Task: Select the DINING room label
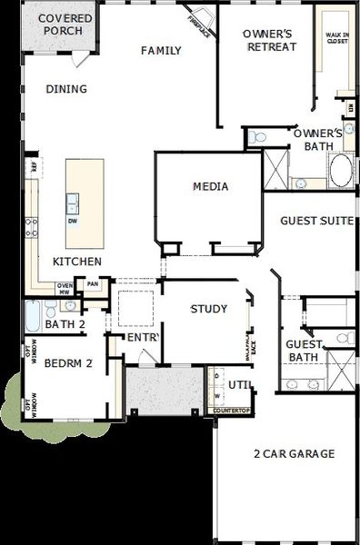65,89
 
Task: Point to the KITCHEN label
76,262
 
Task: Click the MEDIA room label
210,187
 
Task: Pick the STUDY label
208,309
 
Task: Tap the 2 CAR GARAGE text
282,453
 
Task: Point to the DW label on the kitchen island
73,221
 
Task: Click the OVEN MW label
65,289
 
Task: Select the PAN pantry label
92,284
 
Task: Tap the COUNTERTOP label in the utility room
230,411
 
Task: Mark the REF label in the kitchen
35,167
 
